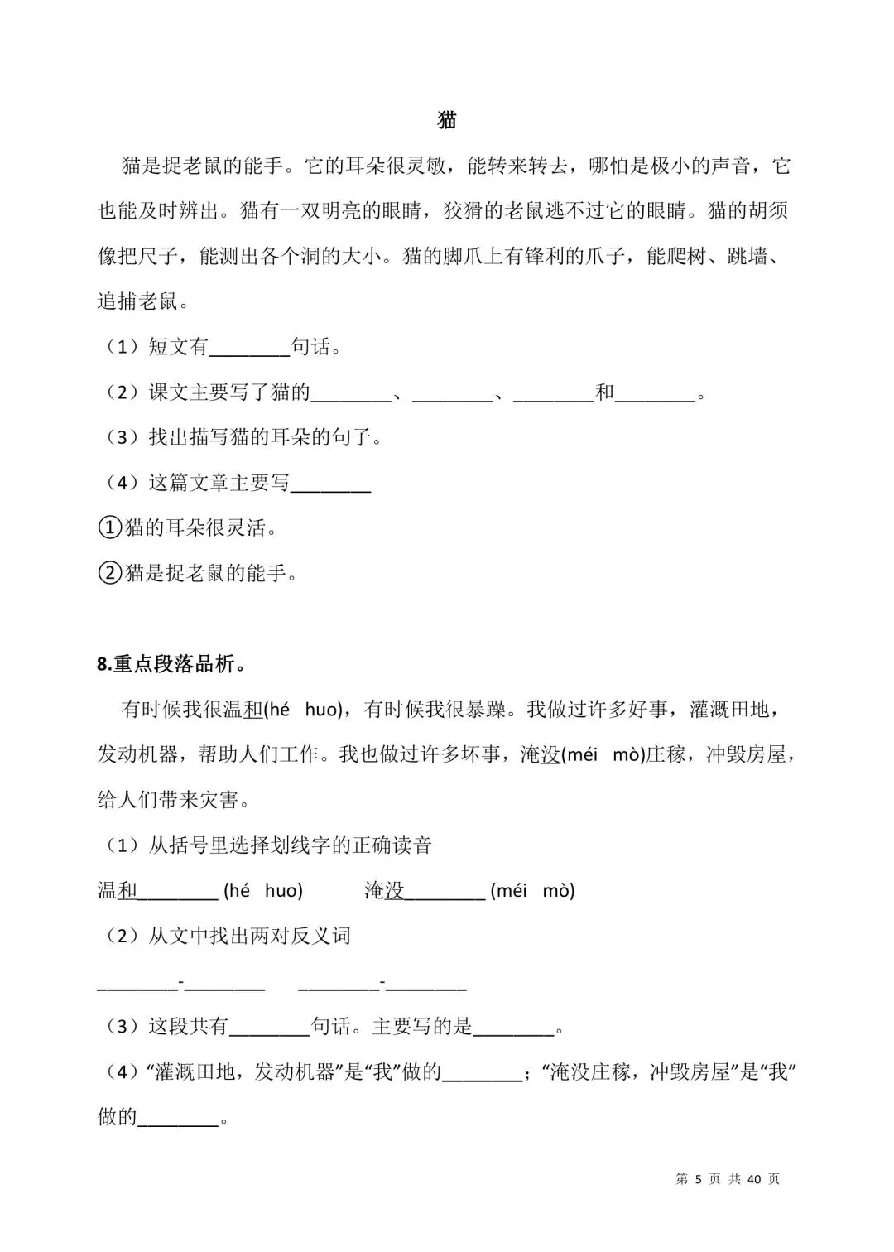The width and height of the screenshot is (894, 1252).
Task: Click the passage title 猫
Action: pos(447,120)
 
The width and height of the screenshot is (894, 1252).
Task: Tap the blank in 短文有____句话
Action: pos(249,348)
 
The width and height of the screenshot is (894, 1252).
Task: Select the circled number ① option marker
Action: pos(109,528)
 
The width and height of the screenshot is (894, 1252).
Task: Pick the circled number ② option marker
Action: pos(109,573)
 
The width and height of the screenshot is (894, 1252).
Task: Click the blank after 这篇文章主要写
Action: pos(331,484)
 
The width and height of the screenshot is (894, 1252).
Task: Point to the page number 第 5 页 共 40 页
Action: pos(728,1179)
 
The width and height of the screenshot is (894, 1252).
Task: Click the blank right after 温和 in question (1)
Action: pos(179,892)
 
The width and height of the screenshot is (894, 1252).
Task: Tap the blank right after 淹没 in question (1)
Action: pos(446,892)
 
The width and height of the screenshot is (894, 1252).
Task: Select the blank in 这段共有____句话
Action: pos(269,1028)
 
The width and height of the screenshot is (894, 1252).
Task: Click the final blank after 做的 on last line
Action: pos(177,1118)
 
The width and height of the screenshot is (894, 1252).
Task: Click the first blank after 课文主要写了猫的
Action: pos(350,393)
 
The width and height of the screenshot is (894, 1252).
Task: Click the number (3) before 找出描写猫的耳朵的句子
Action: pos(122,438)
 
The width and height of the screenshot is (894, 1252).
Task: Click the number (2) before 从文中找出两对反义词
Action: pos(122,937)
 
